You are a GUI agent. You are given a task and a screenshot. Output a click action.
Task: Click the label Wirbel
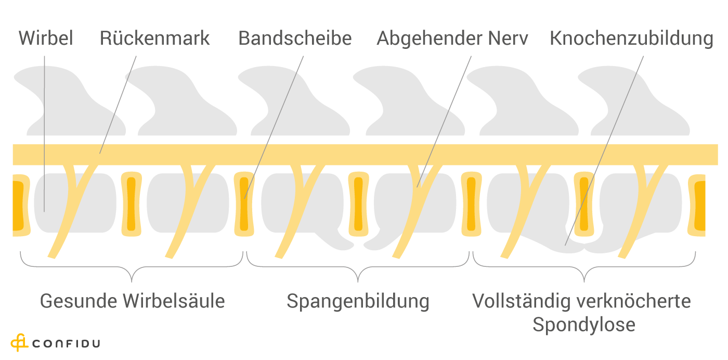46,38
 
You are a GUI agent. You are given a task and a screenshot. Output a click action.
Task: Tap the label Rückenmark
154,38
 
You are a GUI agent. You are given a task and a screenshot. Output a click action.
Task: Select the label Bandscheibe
295,38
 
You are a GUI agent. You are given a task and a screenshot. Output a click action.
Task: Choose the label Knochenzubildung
631,38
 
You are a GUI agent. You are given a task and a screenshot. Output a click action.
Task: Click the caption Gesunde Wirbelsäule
133,301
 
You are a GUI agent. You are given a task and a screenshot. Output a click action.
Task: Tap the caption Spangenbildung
358,301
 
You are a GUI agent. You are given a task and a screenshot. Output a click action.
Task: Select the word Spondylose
583,325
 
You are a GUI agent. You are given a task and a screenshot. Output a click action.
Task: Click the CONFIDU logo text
66,343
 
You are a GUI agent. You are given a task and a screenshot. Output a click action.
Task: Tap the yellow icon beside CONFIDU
19,342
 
